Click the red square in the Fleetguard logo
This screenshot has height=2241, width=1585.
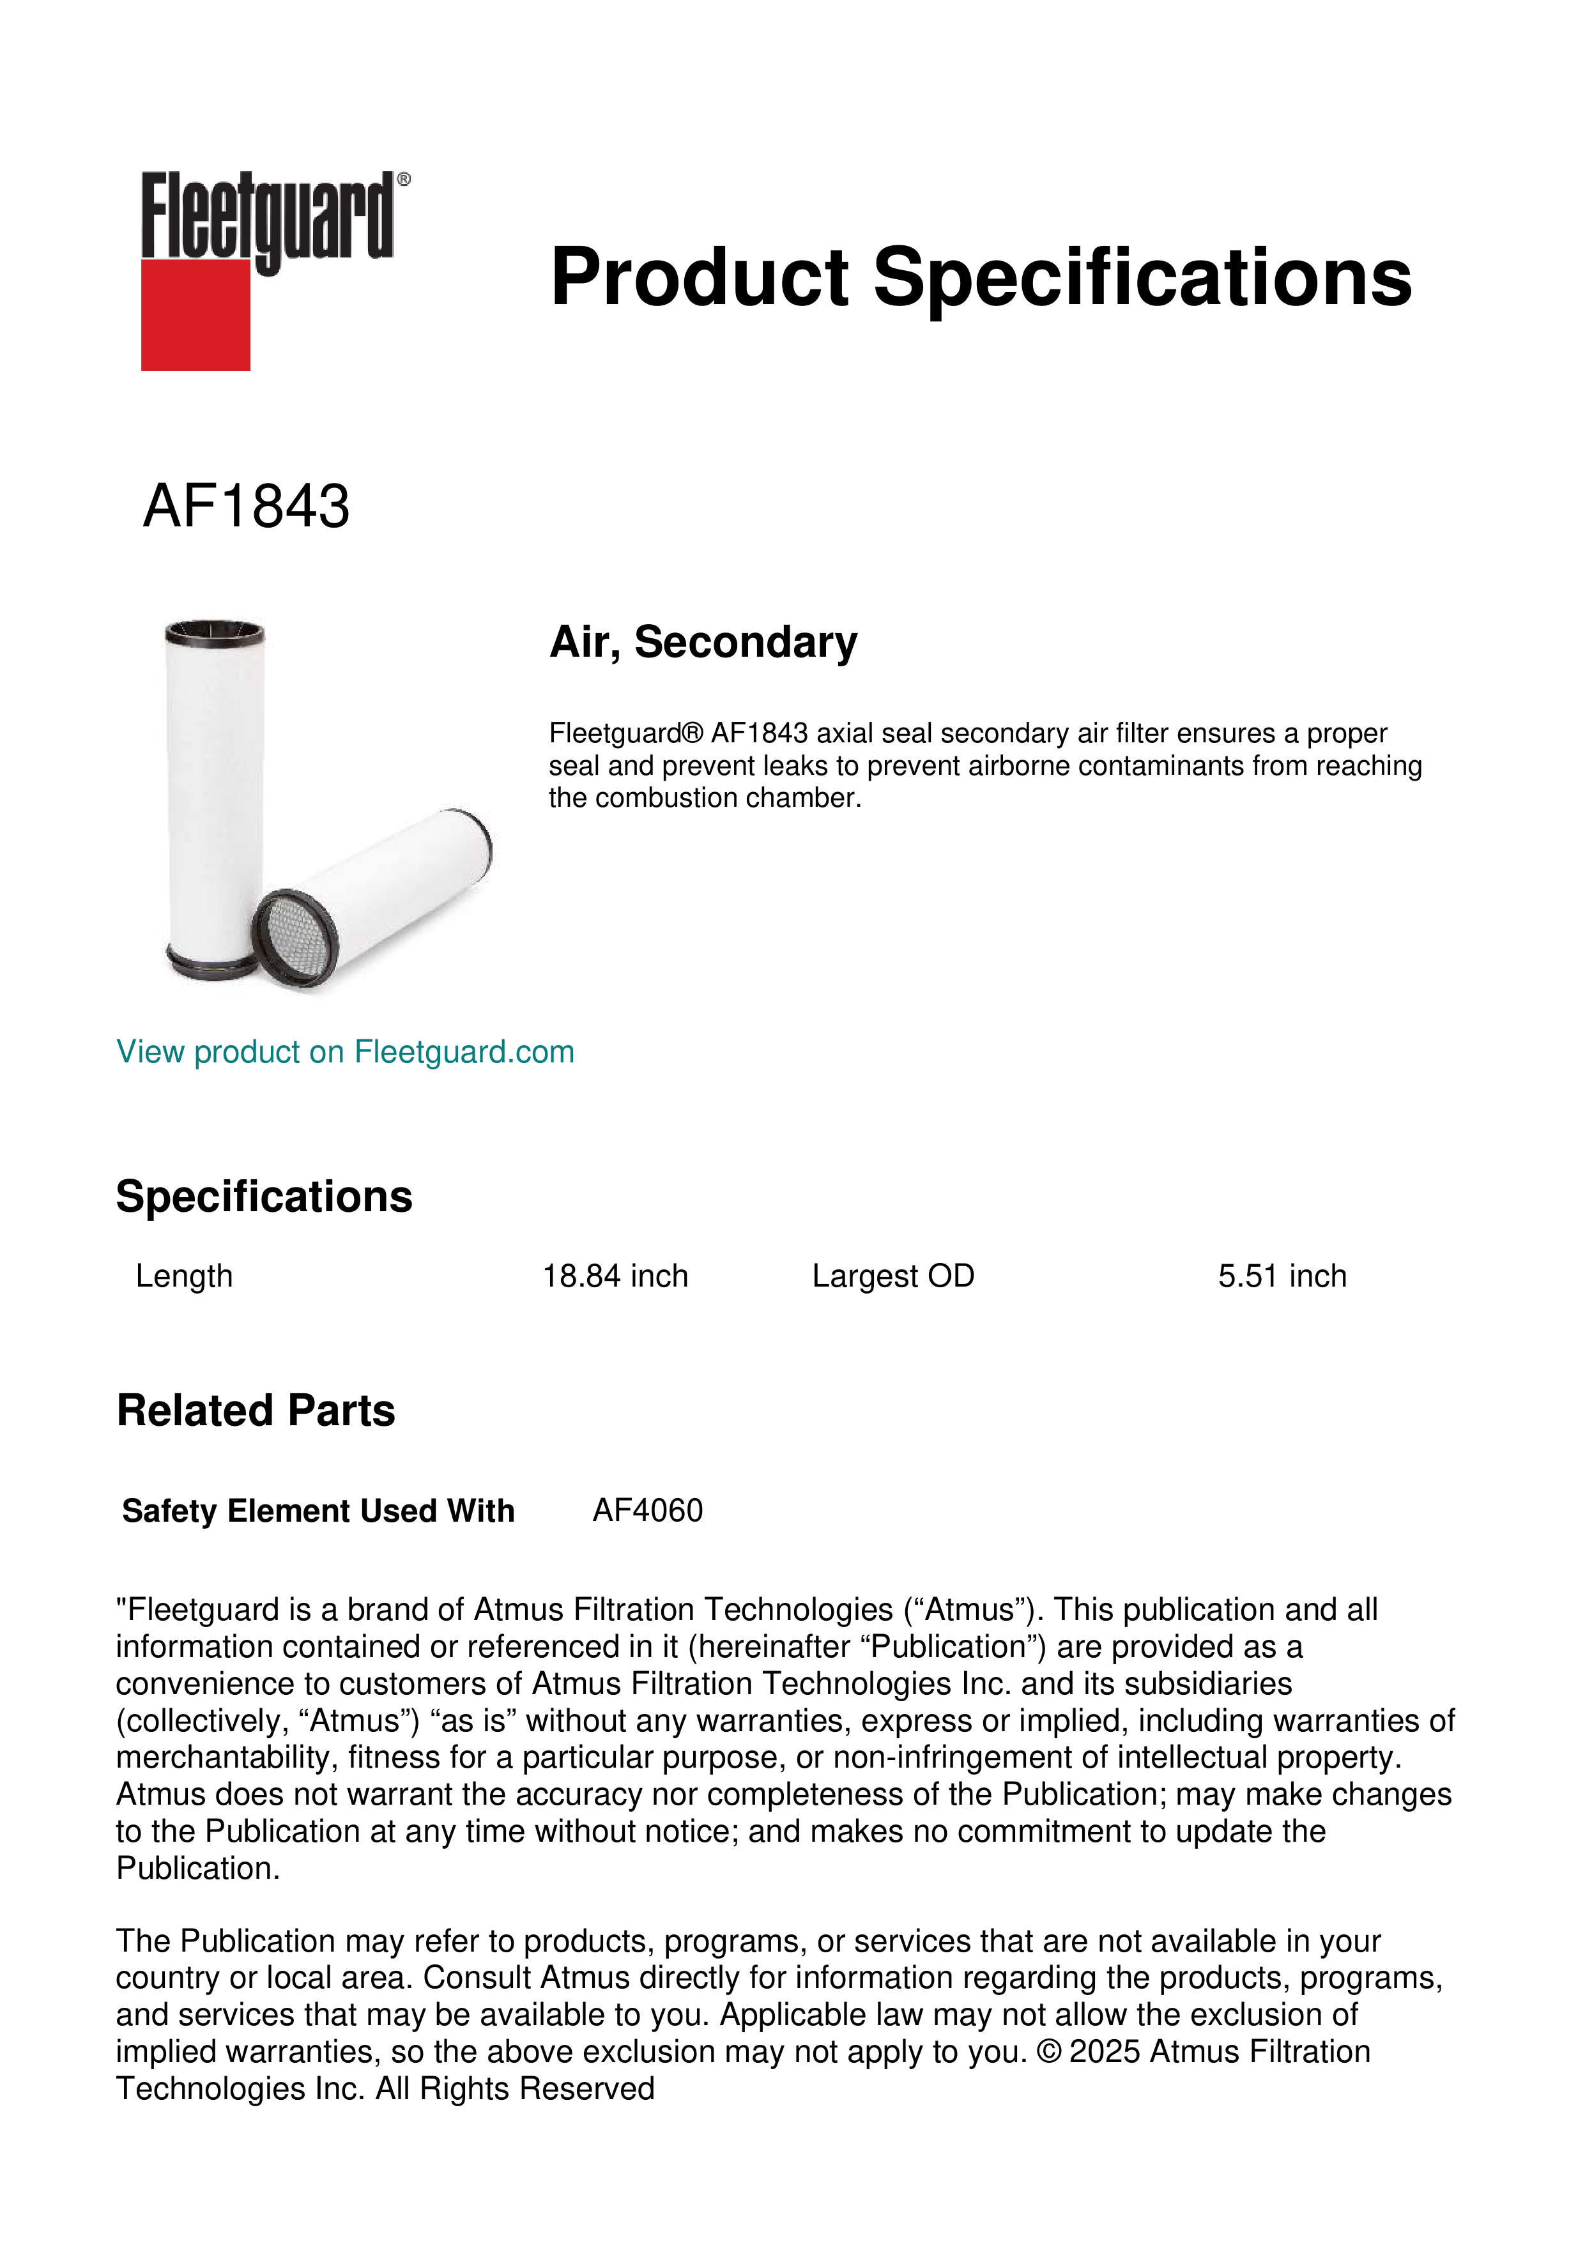(x=195, y=314)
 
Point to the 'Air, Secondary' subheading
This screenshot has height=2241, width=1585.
(x=703, y=642)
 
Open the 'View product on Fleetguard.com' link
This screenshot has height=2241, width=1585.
(x=344, y=1052)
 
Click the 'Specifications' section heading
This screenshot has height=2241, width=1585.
(x=263, y=1196)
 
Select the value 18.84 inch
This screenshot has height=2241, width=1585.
(x=615, y=1276)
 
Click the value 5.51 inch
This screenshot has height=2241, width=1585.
(x=1282, y=1276)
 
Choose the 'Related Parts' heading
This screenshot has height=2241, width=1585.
(x=256, y=1411)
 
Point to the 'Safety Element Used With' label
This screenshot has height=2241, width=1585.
(x=318, y=1510)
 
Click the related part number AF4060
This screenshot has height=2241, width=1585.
(x=647, y=1510)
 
